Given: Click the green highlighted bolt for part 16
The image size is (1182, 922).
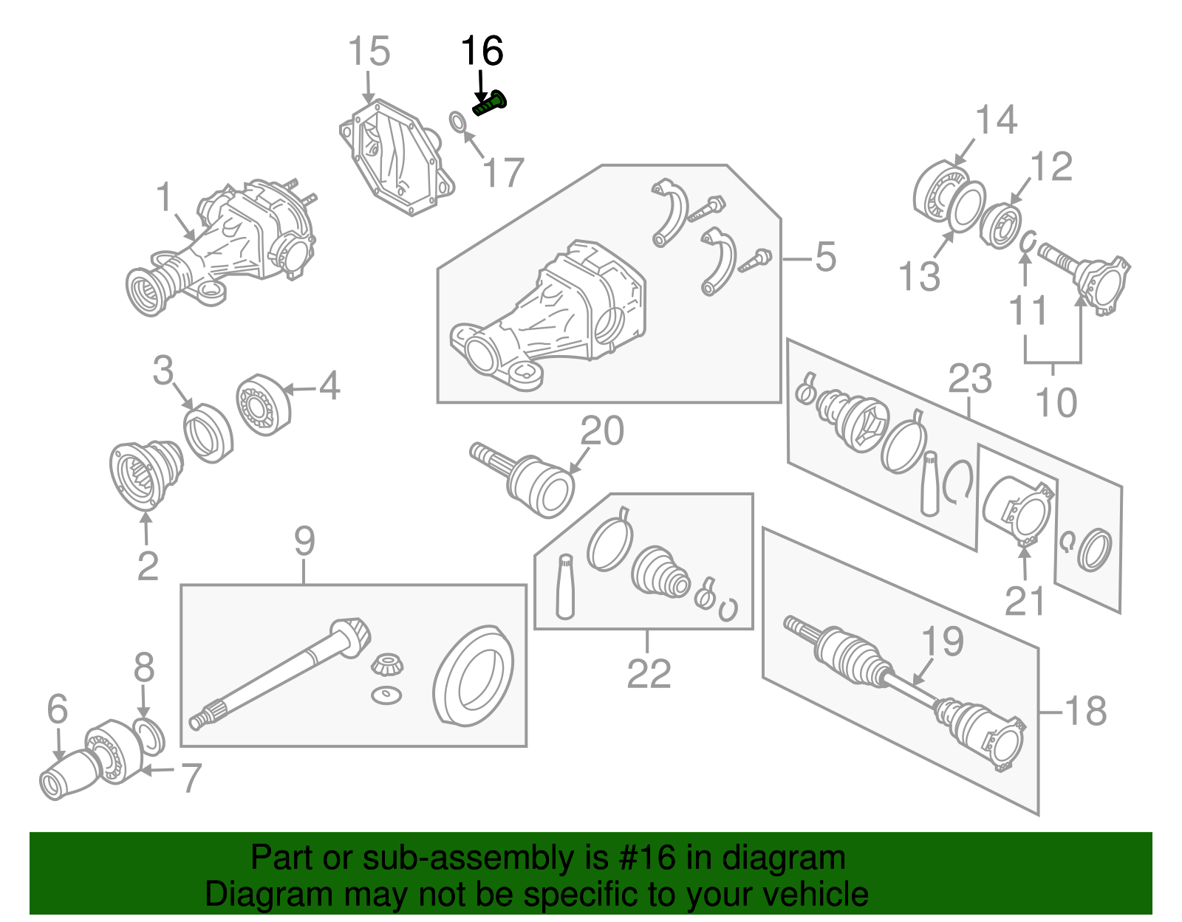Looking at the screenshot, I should pyautogui.click(x=490, y=104).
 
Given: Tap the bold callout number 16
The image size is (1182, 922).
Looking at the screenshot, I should pyautogui.click(x=482, y=52).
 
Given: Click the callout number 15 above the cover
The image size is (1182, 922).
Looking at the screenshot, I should pyautogui.click(x=368, y=52).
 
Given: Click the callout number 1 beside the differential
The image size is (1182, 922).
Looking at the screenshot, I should pyautogui.click(x=164, y=197).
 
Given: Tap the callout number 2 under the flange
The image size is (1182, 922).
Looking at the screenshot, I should pyautogui.click(x=148, y=566).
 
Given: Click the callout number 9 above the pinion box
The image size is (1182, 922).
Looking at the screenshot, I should pyautogui.click(x=304, y=541).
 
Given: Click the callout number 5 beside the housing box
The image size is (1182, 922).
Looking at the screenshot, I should pyautogui.click(x=825, y=257).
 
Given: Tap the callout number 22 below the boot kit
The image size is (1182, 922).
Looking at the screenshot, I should pyautogui.click(x=649, y=673).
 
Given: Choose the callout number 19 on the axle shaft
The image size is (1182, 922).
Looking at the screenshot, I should pyautogui.click(x=943, y=641).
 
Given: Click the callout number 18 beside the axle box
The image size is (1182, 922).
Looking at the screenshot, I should pyautogui.click(x=1086, y=711).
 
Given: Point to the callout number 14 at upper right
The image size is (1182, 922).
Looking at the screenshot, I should pyautogui.click(x=996, y=120).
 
